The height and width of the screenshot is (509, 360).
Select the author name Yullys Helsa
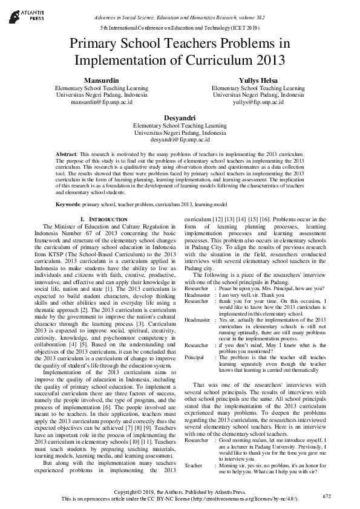[x=258, y=80]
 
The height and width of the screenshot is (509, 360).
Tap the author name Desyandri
[x=180, y=118]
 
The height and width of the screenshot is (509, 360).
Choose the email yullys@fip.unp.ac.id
[x=258, y=102]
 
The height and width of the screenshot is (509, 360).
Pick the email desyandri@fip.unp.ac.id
[x=180, y=140]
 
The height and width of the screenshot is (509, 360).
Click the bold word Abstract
[x=66, y=155]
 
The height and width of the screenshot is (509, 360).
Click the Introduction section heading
[x=104, y=219]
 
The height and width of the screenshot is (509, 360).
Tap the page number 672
[x=327, y=496]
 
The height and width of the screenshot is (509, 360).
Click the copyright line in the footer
[x=180, y=493]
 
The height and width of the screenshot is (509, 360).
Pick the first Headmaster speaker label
[x=198, y=295]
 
